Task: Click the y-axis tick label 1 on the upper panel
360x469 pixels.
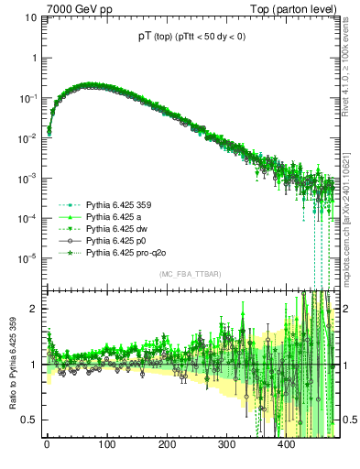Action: [x=34, y=58]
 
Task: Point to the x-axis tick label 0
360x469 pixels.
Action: [x=46, y=444]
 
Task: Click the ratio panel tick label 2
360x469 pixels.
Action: [x=34, y=309]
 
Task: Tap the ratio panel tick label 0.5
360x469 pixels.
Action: [x=30, y=420]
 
